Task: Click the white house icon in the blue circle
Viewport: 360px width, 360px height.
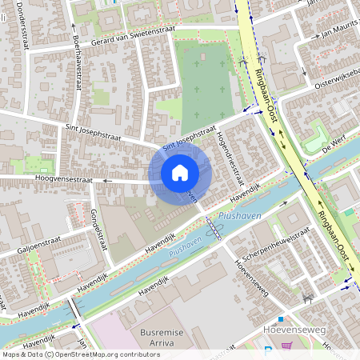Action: click(180, 173)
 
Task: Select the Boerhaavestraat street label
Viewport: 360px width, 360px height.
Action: click(77, 62)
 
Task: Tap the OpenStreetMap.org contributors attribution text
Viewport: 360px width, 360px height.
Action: click(93, 354)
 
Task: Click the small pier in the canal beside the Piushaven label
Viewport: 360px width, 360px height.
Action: click(213, 230)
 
